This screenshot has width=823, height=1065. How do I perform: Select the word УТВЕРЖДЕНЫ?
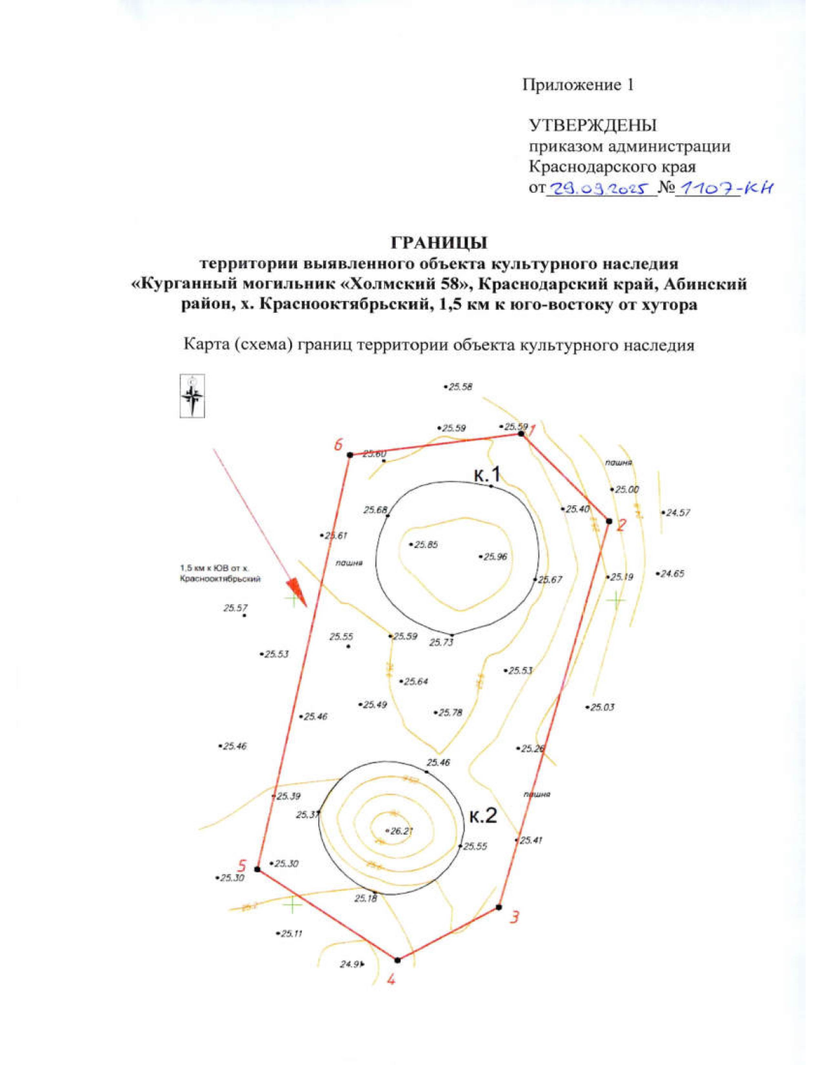click(593, 125)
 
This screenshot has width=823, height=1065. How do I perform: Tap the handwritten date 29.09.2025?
click(600, 188)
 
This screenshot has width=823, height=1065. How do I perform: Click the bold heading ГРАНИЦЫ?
click(439, 243)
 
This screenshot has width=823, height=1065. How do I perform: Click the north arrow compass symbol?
click(192, 396)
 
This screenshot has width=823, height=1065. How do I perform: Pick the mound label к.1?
click(488, 473)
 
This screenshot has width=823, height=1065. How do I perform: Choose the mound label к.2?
click(483, 815)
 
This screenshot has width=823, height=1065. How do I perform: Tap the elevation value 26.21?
click(401, 831)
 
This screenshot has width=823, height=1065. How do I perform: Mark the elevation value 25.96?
click(494, 557)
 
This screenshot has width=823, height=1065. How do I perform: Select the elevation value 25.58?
click(460, 387)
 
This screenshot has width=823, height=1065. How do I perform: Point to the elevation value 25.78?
click(450, 713)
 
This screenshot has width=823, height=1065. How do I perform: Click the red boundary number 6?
click(338, 444)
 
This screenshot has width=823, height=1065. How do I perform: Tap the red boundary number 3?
click(515, 917)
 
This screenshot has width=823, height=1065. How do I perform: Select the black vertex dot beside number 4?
click(397, 960)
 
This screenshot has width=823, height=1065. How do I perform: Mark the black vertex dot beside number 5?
click(258, 870)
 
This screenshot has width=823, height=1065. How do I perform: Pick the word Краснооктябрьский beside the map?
click(220, 579)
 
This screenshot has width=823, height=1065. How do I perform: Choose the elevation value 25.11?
click(291, 933)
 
